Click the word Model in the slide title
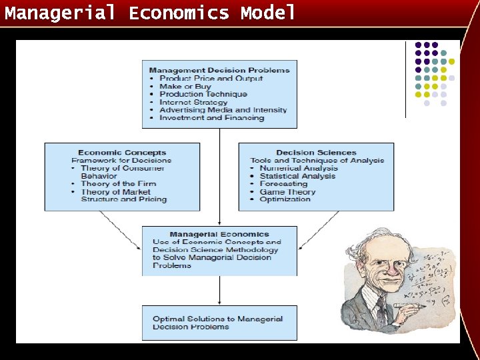(268, 13)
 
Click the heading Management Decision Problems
(219, 70)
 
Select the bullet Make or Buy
(185, 86)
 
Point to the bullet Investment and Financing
(211, 118)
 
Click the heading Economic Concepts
(122, 153)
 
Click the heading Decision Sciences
(315, 153)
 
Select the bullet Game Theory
(287, 192)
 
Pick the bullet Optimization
(285, 199)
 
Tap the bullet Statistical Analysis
(297, 176)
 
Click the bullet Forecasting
(283, 184)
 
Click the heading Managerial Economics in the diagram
(219, 235)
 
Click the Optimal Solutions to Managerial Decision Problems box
(219, 323)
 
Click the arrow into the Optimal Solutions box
(220, 291)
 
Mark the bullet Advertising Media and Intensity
(223, 110)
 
